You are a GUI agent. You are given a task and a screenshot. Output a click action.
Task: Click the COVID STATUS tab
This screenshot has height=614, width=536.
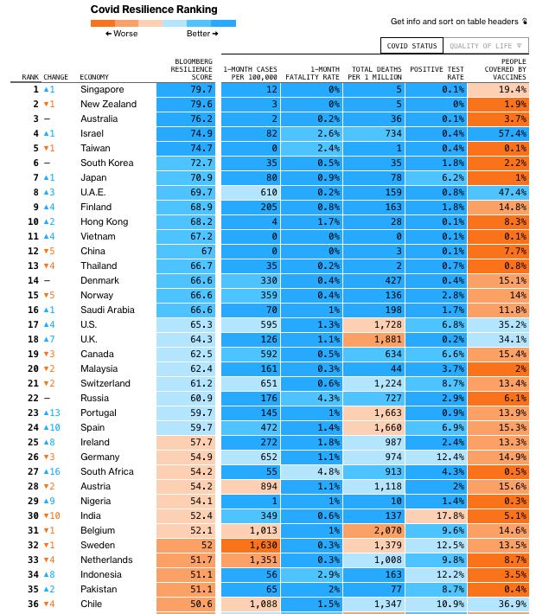(412, 46)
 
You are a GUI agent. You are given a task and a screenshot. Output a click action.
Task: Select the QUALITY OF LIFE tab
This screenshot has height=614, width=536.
(486, 46)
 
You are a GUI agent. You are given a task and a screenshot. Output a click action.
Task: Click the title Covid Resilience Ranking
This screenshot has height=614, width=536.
(154, 10)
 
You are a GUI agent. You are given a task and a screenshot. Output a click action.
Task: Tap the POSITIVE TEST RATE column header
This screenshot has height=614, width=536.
(437, 73)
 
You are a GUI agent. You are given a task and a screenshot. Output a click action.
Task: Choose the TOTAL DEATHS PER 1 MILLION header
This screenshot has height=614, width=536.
(374, 73)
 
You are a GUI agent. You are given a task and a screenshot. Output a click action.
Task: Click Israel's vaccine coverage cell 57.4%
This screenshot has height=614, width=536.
(498, 133)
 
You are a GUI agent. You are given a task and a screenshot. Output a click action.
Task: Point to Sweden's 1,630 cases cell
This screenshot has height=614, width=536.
(251, 545)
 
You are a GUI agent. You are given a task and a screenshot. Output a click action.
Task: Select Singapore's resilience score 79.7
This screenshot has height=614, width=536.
(186, 89)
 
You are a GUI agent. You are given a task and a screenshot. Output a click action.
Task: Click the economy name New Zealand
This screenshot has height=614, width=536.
(108, 104)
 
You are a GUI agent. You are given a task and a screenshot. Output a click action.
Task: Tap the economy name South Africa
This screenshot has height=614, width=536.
(107, 471)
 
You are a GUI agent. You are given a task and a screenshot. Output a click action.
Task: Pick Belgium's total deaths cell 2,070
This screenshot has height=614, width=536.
(374, 530)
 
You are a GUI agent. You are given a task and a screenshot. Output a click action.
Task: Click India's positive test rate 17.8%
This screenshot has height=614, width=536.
(437, 515)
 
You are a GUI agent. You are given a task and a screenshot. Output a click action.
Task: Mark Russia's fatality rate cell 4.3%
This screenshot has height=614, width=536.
(311, 399)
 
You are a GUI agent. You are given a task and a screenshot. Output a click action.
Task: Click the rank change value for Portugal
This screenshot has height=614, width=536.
(52, 413)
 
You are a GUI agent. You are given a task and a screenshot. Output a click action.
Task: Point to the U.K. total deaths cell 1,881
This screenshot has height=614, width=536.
(374, 339)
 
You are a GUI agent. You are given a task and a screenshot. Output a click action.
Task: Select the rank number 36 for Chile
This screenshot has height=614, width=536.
(33, 604)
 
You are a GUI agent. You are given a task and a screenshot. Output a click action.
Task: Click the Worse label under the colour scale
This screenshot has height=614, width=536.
(121, 34)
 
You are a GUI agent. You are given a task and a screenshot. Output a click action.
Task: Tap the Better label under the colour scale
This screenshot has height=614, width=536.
(202, 34)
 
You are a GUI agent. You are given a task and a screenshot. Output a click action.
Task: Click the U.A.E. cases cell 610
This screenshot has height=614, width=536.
(251, 192)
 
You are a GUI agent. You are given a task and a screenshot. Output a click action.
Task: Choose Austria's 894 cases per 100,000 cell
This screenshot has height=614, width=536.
(251, 486)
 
